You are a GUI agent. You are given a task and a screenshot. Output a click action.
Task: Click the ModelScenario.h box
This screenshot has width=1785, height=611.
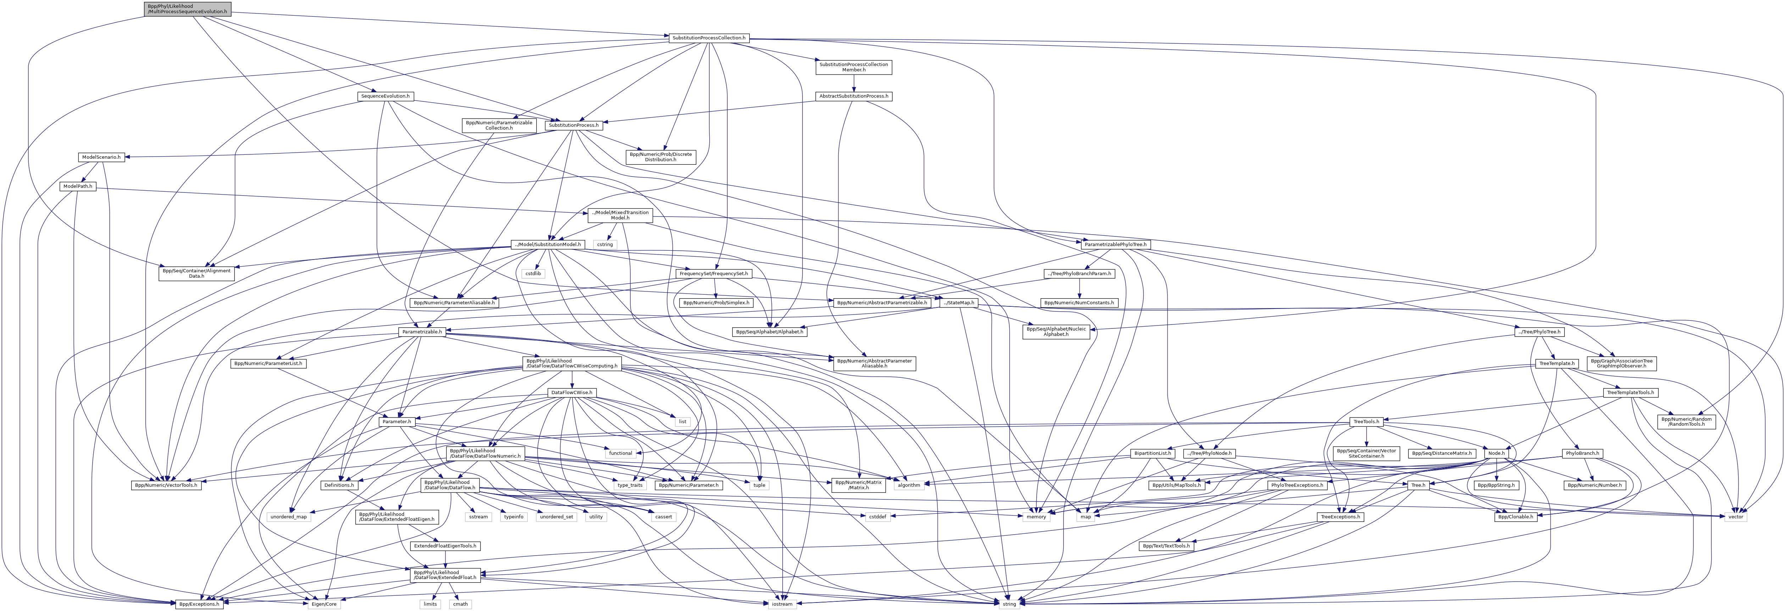(101, 157)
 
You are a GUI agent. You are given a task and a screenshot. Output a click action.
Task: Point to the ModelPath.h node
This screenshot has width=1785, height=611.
(78, 186)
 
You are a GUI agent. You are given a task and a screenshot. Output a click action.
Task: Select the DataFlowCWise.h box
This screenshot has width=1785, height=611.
(571, 393)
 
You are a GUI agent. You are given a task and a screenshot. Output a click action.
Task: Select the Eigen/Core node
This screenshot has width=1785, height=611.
(323, 604)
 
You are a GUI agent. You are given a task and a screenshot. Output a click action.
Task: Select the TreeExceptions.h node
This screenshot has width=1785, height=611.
(1340, 517)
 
